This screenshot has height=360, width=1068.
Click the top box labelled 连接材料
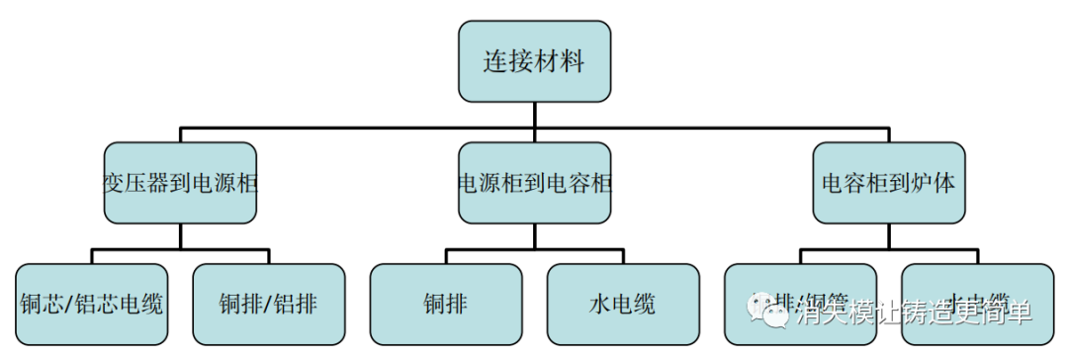534,61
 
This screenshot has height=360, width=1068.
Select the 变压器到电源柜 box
180,183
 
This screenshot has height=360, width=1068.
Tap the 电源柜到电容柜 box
534,183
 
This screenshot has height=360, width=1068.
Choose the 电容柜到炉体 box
888,183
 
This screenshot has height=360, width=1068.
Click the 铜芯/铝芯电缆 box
92,304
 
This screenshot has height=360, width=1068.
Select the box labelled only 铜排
446,304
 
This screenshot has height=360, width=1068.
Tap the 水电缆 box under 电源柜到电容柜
622,304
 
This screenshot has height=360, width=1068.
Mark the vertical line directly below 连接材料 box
534,114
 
